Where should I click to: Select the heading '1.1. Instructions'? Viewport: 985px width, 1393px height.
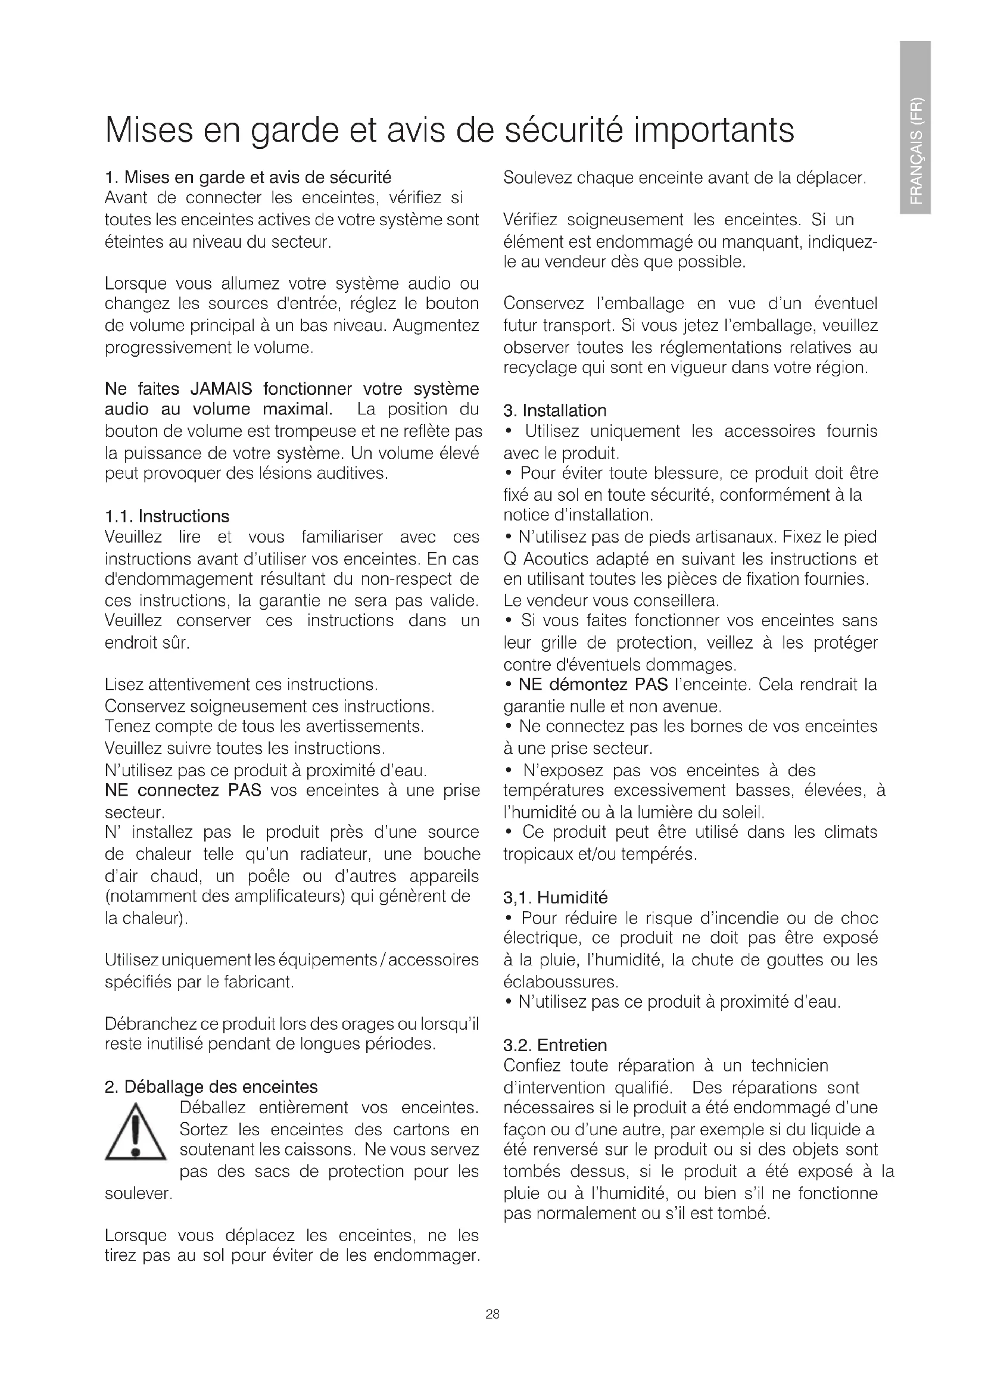(x=167, y=516)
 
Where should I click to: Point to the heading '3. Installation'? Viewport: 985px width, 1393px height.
(x=554, y=411)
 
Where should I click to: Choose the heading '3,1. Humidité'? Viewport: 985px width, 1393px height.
(x=555, y=897)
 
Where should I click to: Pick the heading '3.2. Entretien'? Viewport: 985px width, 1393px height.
(x=555, y=1045)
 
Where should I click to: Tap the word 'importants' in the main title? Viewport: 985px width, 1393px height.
(x=713, y=129)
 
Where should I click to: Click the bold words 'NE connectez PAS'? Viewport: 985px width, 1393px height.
(x=183, y=790)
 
